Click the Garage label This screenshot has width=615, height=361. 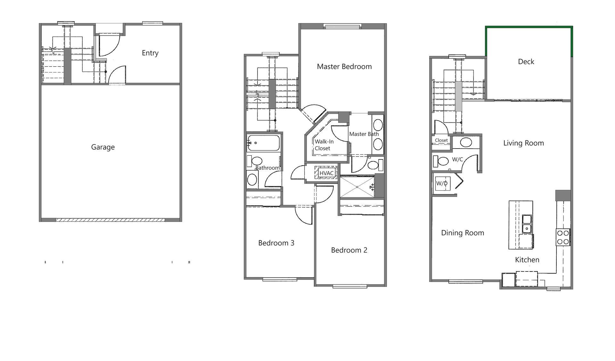pyautogui.click(x=103, y=147)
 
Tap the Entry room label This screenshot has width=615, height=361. pyautogui.click(x=150, y=53)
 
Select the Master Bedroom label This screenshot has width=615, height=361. pyautogui.click(x=344, y=67)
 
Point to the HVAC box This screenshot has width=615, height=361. pyautogui.click(x=326, y=173)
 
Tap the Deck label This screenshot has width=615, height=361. pyautogui.click(x=526, y=62)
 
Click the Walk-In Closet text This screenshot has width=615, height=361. pyautogui.click(x=324, y=145)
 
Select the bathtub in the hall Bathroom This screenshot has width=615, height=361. pyautogui.click(x=264, y=143)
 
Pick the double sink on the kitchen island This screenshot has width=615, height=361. pyautogui.click(x=527, y=224)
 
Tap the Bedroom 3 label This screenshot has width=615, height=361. pyautogui.click(x=276, y=243)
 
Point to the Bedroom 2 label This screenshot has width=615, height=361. pyautogui.click(x=349, y=250)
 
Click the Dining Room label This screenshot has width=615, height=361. pyautogui.click(x=462, y=233)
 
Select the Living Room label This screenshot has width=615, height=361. pyautogui.click(x=523, y=143)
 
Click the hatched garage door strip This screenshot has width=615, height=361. pyautogui.click(x=110, y=220)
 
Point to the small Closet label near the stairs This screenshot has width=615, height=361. pyautogui.click(x=441, y=140)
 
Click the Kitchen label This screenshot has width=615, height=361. pyautogui.click(x=527, y=260)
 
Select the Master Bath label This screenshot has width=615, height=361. pyautogui.click(x=364, y=134)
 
